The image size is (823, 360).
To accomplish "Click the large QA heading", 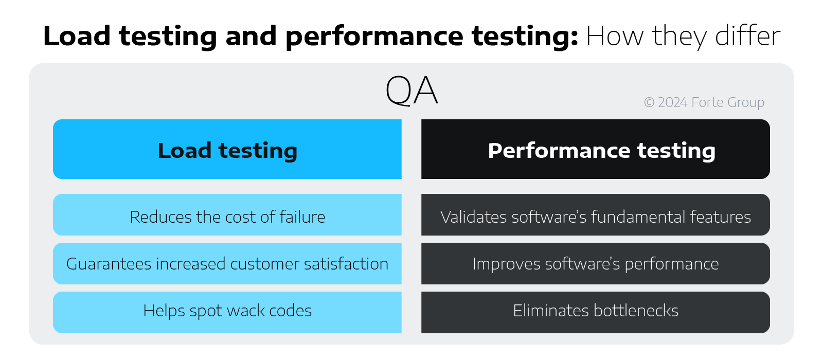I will pyautogui.click(x=411, y=91).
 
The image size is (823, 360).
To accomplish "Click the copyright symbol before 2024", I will pyautogui.click(x=649, y=102).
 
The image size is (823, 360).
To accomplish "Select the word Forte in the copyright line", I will pyautogui.click(x=707, y=102).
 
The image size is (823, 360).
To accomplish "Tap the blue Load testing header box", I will pyautogui.click(x=227, y=150).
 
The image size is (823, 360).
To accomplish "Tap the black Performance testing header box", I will pyautogui.click(x=595, y=150).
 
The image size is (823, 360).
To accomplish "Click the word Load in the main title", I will pyautogui.click(x=77, y=36).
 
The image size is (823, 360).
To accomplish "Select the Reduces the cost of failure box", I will pyautogui.click(x=227, y=215).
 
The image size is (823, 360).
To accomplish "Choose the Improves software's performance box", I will pyautogui.click(x=595, y=264).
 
